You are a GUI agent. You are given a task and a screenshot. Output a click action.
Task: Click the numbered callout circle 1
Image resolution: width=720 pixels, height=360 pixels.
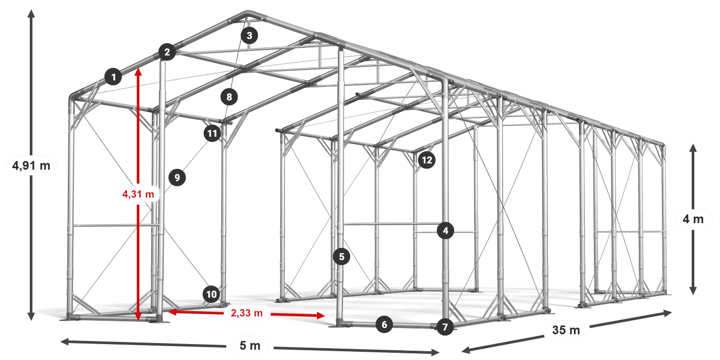point(113,77)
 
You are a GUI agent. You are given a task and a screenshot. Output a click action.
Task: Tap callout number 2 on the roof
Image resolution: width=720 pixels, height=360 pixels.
point(167,51)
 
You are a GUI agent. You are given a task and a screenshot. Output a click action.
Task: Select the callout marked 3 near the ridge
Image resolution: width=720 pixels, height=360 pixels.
point(249,35)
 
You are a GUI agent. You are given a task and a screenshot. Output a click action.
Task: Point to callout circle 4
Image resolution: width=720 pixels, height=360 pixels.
point(445,231)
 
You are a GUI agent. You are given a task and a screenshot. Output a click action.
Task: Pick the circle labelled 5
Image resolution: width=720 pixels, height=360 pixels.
point(341,256)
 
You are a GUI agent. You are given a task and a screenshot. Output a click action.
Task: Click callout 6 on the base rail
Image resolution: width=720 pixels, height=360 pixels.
point(384,324)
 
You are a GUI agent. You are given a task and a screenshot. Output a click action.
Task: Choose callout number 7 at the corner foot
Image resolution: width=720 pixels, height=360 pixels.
point(445,327)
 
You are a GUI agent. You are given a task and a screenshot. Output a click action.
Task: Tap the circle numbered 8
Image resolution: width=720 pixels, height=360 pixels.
point(229,96)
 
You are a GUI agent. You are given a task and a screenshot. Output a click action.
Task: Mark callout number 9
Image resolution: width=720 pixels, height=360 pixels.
point(176,178)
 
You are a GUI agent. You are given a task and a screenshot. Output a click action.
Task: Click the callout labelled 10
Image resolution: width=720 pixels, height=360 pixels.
point(211,294)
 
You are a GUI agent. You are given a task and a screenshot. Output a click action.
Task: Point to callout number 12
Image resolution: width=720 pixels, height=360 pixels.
point(426,160)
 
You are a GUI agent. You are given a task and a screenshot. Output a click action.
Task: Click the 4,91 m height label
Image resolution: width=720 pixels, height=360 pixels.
point(31,166)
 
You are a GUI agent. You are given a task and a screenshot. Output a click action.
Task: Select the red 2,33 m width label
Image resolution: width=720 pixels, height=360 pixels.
point(246,312)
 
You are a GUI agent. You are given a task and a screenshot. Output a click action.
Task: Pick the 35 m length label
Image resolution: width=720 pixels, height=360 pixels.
point(566,330)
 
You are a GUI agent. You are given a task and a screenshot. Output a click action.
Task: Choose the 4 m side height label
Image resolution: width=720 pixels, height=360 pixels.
point(693,220)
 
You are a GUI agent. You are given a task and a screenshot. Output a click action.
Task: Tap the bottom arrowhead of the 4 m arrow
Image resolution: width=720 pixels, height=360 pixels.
point(693,292)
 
